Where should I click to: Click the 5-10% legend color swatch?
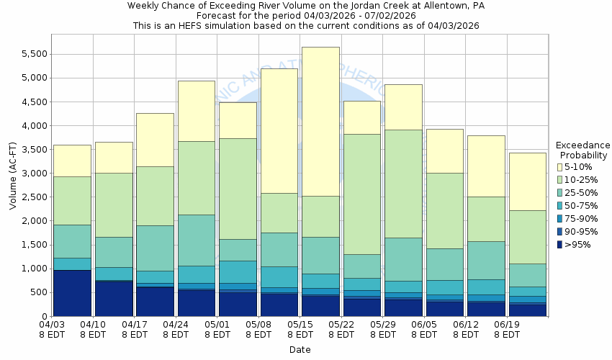click(x=561, y=167)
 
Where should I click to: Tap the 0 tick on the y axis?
click(x=44, y=316)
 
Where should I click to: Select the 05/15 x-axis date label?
click(x=300, y=330)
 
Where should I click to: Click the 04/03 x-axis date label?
click(x=52, y=330)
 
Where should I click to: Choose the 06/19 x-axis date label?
click(x=508, y=330)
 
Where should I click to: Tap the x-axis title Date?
click(x=300, y=350)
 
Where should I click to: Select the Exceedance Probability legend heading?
click(x=583, y=150)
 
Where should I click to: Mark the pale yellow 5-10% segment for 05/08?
click(x=279, y=130)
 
